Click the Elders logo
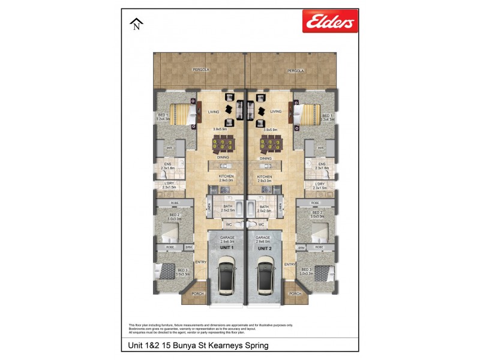click(x=330, y=22)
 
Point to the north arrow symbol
click(x=137, y=24)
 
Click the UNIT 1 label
click(x=227, y=248)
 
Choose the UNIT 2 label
click(x=265, y=248)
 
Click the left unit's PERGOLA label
click(x=201, y=70)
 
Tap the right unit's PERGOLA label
click(x=295, y=70)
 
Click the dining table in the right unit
click(x=270, y=144)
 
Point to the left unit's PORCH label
click(x=197, y=293)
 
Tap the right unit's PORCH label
click(x=295, y=293)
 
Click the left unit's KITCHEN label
click(x=226, y=176)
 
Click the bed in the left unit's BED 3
click(x=164, y=272)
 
